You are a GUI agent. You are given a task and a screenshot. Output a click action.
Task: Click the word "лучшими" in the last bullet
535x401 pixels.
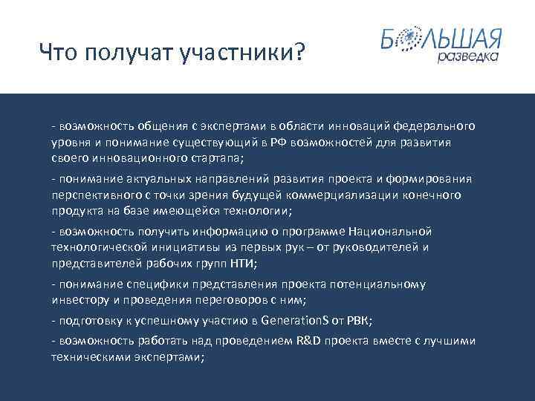pos(452,341)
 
